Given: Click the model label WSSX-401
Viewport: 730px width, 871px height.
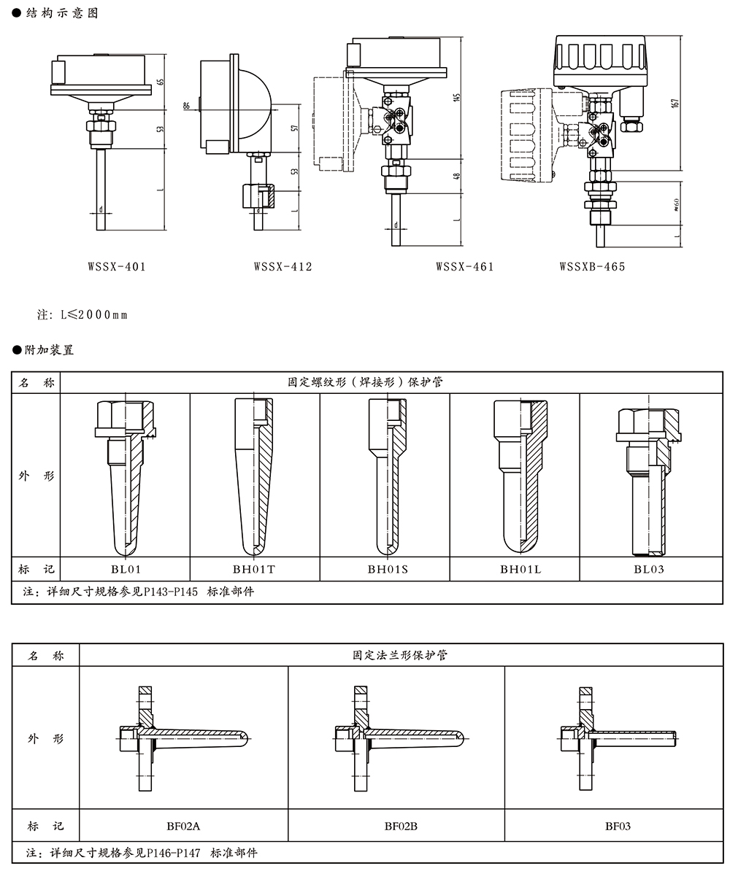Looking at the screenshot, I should coord(117,266).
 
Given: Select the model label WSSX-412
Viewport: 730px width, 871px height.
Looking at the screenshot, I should coord(283,266).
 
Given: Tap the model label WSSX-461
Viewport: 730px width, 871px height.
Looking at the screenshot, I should coord(465,266).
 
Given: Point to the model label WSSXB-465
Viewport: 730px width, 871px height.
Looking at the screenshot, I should coord(593,266).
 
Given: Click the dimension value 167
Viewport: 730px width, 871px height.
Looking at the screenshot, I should coord(677,103).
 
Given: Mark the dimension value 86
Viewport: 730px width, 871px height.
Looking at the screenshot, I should coord(187,107).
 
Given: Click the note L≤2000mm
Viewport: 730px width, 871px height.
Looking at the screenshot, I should coord(82,315).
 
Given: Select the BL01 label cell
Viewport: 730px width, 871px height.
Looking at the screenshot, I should coord(125,569).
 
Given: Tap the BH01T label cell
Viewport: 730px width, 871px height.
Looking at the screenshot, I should coord(255,569).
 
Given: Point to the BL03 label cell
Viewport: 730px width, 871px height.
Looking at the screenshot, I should coord(649,569).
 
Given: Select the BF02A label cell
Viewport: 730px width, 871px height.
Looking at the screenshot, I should coord(183,827).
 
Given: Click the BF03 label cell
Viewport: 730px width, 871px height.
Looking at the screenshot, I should coord(618,827).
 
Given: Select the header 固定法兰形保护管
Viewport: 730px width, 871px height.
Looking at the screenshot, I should coord(399,655).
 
